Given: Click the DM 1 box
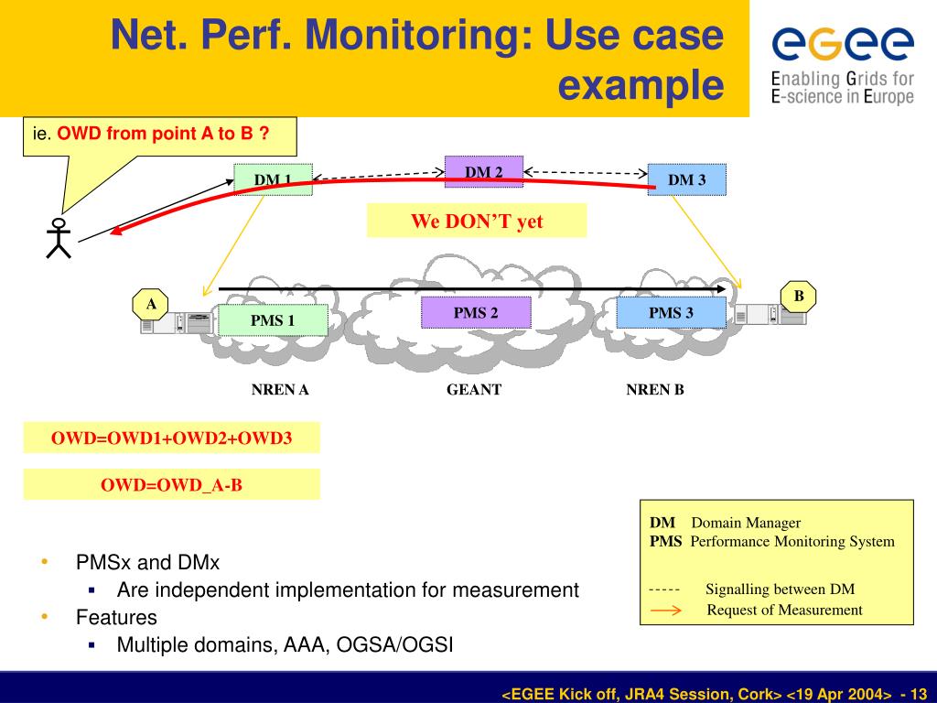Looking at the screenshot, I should pos(273,179).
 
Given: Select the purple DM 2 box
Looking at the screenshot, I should pos(484,172).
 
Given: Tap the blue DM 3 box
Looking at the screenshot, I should pos(687,179).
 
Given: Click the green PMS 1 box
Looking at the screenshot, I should pos(273,319).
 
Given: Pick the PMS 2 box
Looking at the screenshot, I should pos(476,313).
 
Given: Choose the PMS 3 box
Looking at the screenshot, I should pos(672,313).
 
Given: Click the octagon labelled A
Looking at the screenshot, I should pos(151,304).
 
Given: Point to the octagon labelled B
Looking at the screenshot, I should pos(799,297).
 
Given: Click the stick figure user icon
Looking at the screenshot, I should pos(59,238).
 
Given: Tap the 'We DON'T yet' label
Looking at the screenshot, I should pos(477,222).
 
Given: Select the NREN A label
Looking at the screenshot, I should pos(280,390).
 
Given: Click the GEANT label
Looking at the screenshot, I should pos(474,390).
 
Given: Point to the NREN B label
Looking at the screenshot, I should pos(655,390).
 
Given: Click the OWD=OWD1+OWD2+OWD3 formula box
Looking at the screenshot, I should pos(172,438).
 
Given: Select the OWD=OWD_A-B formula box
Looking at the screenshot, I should pos(172,484).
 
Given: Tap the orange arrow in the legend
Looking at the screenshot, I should pos(665,611).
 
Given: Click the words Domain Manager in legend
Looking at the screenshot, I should pos(746,523).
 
